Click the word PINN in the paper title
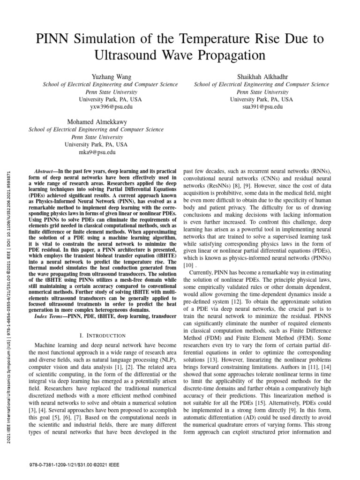tap(53, 38)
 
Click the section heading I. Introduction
tap(103, 335)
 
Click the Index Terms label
tap(50, 317)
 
